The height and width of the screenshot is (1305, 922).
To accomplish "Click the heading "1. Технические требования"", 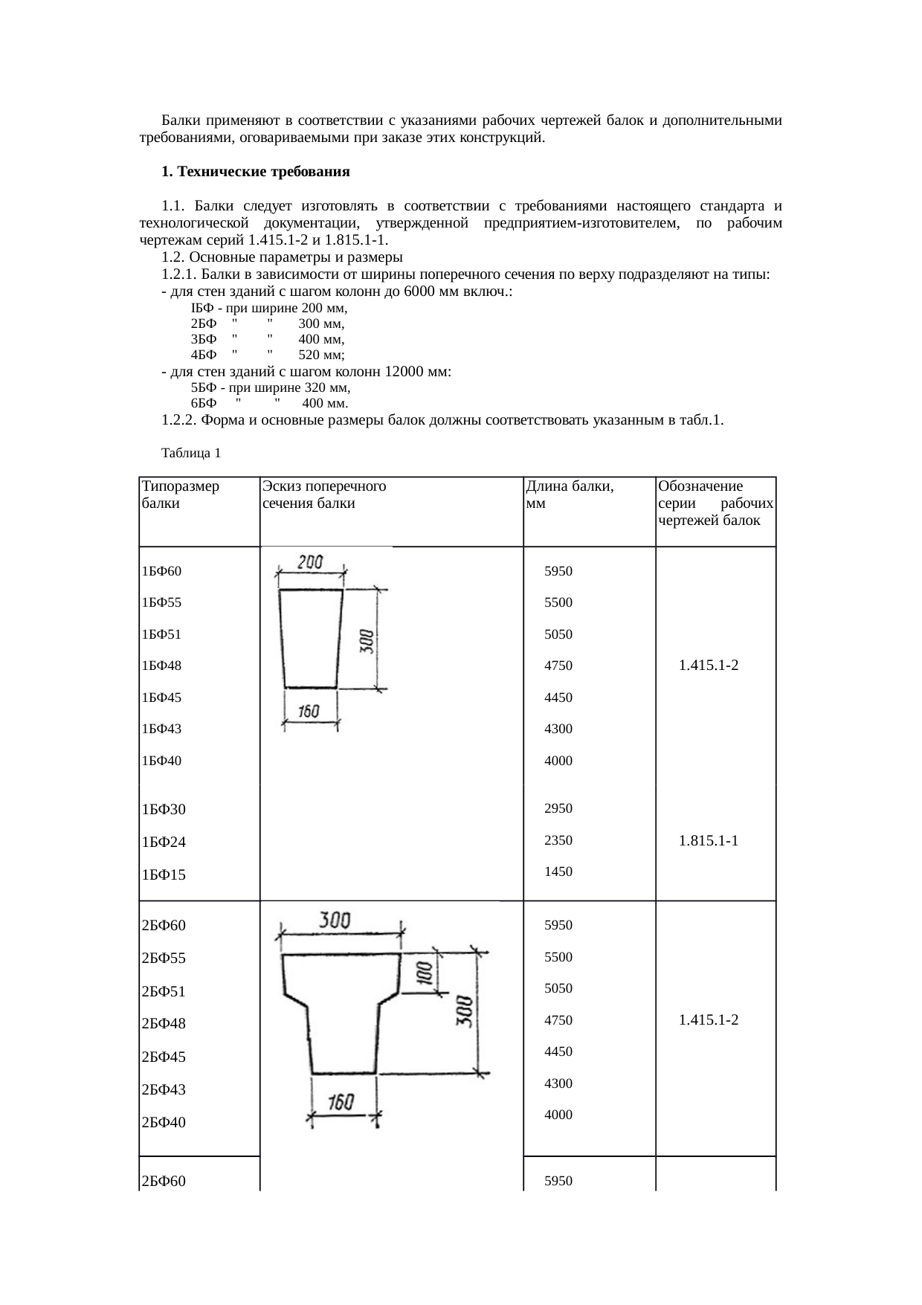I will click(x=255, y=172).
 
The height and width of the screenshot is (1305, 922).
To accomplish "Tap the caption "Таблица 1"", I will click(x=190, y=453).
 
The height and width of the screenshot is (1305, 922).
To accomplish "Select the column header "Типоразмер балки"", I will click(x=180, y=494).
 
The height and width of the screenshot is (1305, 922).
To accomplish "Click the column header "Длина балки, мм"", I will click(x=569, y=494).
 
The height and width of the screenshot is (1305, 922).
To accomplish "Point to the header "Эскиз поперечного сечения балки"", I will click(x=323, y=494).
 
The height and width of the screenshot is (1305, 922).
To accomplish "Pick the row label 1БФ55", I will click(x=161, y=602).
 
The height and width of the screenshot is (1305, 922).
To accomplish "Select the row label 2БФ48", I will click(x=163, y=1023).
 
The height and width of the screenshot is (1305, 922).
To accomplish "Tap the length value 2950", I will click(x=558, y=808).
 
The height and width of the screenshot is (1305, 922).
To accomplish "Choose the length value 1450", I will click(x=558, y=871).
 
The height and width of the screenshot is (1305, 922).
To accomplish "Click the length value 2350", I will click(x=558, y=840).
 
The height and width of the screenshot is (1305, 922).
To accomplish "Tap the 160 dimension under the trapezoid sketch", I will click(x=309, y=712).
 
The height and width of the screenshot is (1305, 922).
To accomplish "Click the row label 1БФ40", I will click(x=161, y=761).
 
